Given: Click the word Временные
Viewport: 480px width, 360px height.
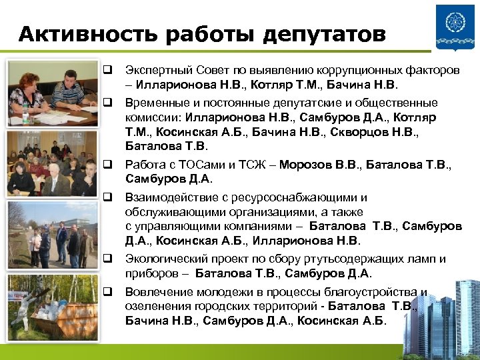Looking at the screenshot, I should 155,103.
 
